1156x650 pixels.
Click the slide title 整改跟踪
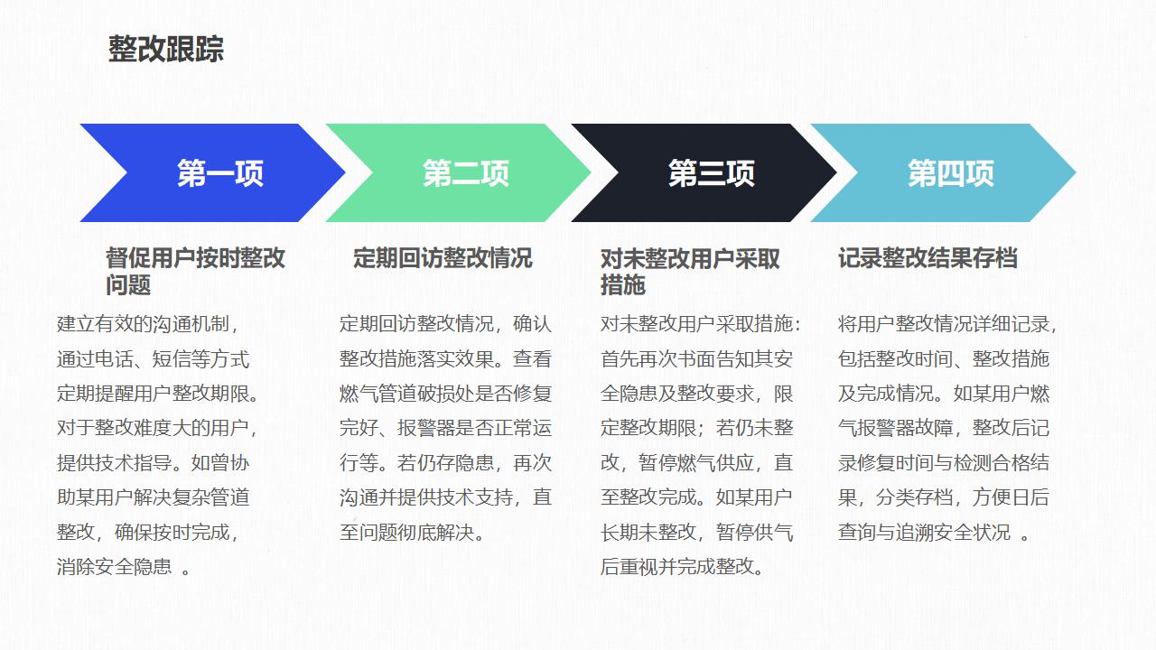click(165, 49)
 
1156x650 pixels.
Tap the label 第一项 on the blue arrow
click(220, 172)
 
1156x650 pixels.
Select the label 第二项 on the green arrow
click(466, 172)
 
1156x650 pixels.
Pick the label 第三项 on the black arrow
click(712, 172)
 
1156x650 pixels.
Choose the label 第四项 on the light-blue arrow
click(951, 172)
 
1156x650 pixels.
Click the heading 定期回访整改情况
click(443, 258)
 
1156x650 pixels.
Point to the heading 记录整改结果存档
click(928, 258)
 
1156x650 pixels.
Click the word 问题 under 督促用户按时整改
click(128, 284)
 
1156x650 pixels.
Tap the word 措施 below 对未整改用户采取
click(623, 284)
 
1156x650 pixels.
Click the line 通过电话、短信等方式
click(154, 359)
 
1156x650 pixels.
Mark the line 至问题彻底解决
click(412, 532)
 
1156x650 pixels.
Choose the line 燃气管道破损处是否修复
click(446, 394)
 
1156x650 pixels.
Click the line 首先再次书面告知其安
click(696, 359)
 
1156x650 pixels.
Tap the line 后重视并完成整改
click(682, 566)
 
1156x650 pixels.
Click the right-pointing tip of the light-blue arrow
click(1076, 172)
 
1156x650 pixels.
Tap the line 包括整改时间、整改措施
click(944, 359)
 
